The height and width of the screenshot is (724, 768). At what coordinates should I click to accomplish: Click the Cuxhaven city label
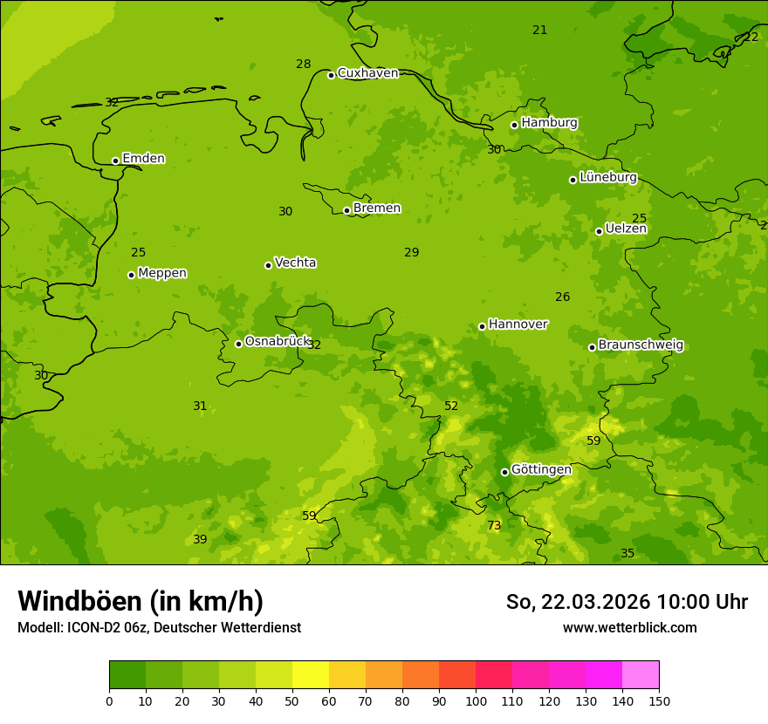[x=367, y=73]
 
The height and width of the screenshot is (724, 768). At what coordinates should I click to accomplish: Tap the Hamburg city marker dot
[x=515, y=125]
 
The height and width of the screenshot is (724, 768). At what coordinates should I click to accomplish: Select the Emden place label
[x=143, y=159]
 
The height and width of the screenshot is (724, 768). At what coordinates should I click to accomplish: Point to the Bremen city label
[x=377, y=208]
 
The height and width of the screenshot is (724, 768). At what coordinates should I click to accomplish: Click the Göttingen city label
[x=541, y=470]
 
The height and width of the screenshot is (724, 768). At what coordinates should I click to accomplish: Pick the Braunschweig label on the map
[x=641, y=345]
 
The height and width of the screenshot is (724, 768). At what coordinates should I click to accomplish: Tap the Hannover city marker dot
[x=482, y=326]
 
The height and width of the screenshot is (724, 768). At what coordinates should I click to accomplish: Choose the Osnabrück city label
[x=278, y=342]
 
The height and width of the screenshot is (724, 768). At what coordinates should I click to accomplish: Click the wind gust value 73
[x=494, y=526]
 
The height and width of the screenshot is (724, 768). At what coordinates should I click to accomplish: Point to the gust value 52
[x=451, y=406]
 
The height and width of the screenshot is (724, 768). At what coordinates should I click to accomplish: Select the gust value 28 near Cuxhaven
[x=303, y=65]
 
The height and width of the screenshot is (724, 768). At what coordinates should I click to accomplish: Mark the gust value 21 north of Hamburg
[x=540, y=31]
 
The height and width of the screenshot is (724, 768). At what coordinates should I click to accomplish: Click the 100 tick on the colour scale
[x=476, y=700]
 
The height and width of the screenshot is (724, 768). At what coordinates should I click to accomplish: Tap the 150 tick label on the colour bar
[x=659, y=700]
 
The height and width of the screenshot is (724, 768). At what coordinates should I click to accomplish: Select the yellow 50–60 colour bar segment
[x=311, y=674]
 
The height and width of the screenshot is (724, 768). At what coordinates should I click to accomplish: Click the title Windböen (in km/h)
[x=141, y=601]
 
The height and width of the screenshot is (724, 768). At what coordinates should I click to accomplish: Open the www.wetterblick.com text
[x=629, y=628]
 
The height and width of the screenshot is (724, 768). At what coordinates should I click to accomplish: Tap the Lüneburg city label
[x=608, y=178]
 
